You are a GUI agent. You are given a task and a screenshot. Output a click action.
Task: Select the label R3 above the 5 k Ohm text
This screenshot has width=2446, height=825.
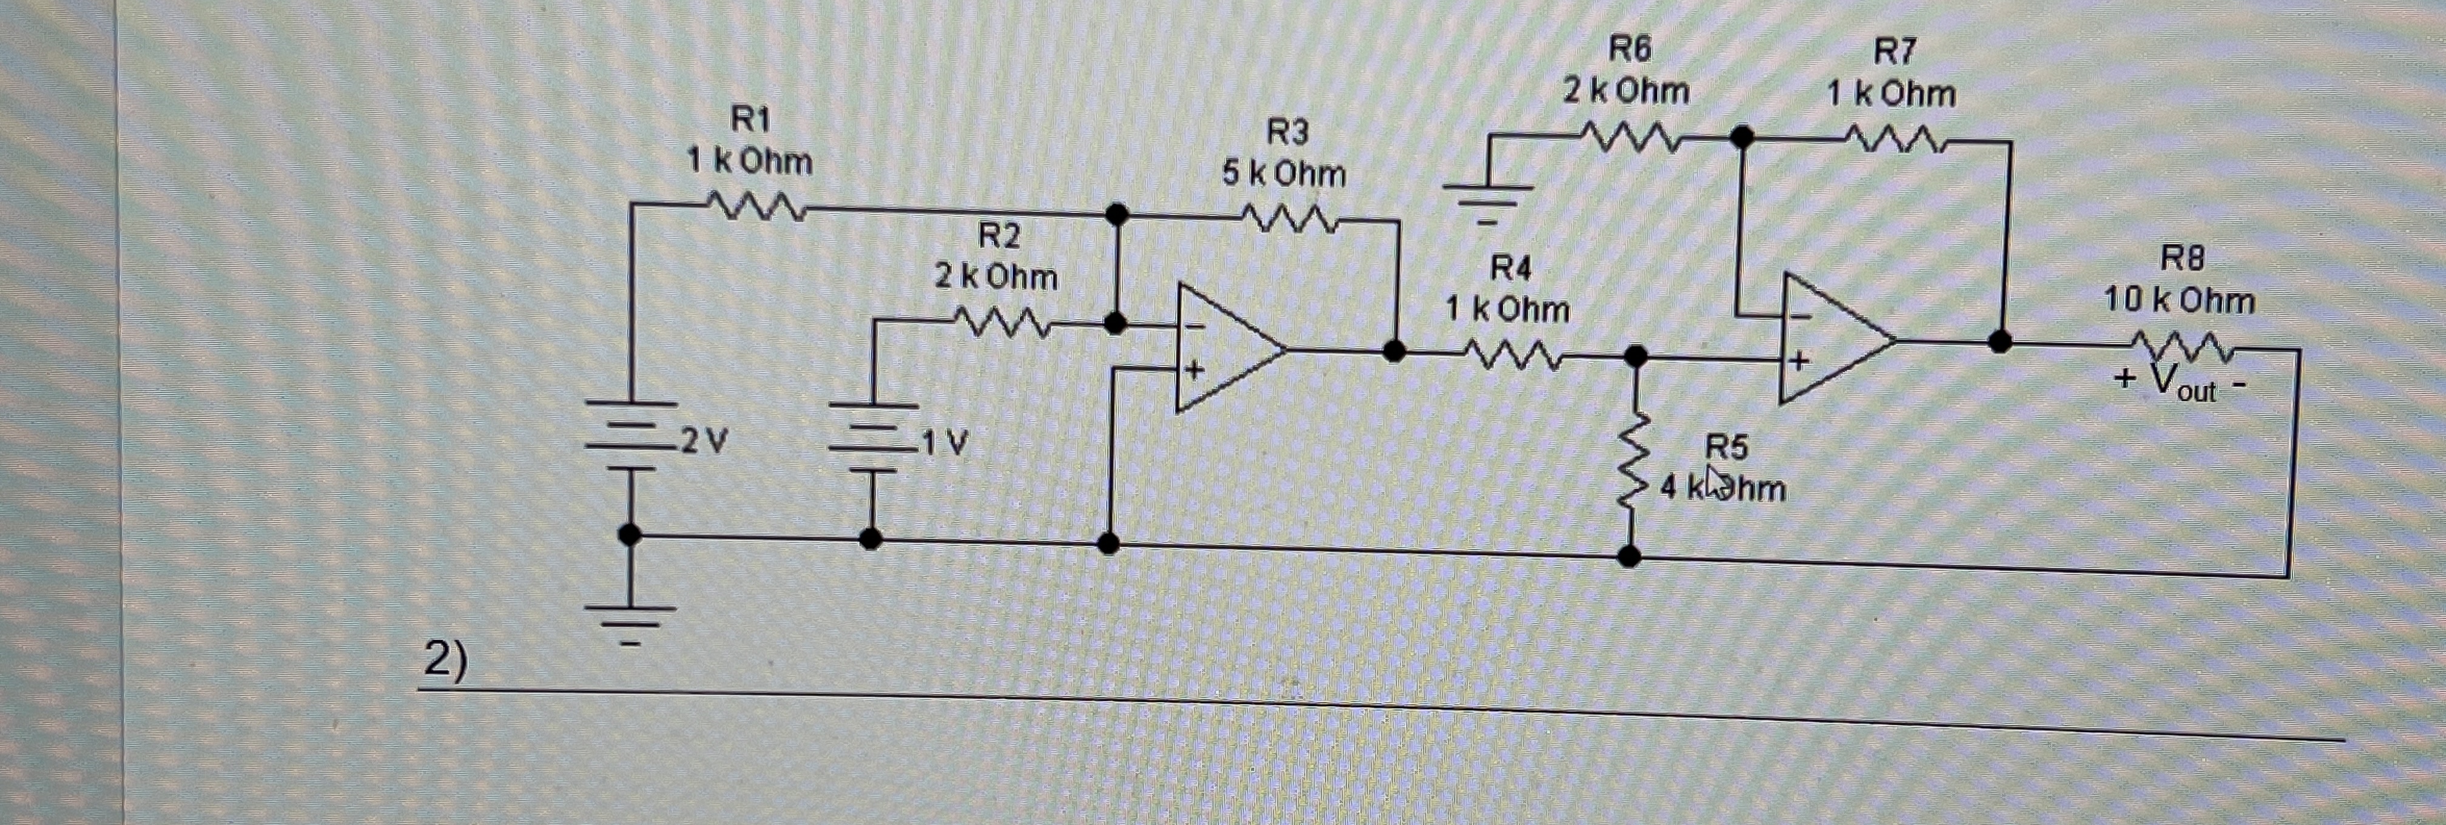1287,131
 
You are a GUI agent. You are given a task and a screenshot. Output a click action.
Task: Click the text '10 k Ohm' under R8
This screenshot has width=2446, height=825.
2179,301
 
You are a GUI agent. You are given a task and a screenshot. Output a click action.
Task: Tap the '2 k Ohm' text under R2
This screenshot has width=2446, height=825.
995,277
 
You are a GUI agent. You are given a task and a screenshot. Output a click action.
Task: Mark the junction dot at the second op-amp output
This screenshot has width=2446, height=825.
2000,341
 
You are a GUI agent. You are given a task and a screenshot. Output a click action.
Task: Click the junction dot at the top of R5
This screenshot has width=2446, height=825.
1635,356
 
